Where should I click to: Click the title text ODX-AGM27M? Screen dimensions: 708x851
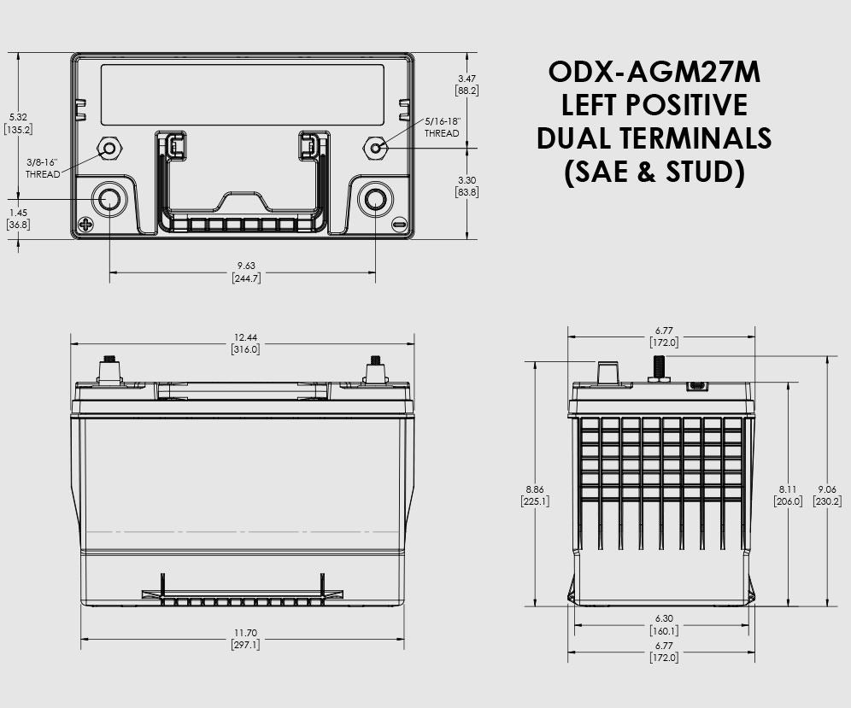pos(654,72)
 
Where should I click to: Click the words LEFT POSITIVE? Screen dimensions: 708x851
pos(654,104)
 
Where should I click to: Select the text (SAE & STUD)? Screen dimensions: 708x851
pos(654,171)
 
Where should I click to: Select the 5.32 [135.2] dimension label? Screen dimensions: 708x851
pos(18,123)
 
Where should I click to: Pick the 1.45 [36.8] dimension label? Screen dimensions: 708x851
pos(18,218)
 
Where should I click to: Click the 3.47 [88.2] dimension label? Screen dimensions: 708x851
pos(467,84)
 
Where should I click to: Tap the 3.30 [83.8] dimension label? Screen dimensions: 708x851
pos(467,186)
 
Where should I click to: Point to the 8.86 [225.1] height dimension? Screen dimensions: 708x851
pos(535,495)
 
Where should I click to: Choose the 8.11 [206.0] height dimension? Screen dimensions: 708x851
pos(788,495)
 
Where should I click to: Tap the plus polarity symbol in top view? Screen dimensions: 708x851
pos(85,225)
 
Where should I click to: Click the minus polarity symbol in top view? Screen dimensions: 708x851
pos(399,225)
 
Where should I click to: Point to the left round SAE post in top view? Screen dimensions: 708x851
pos(109,200)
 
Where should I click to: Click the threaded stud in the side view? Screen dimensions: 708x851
pos(659,367)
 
